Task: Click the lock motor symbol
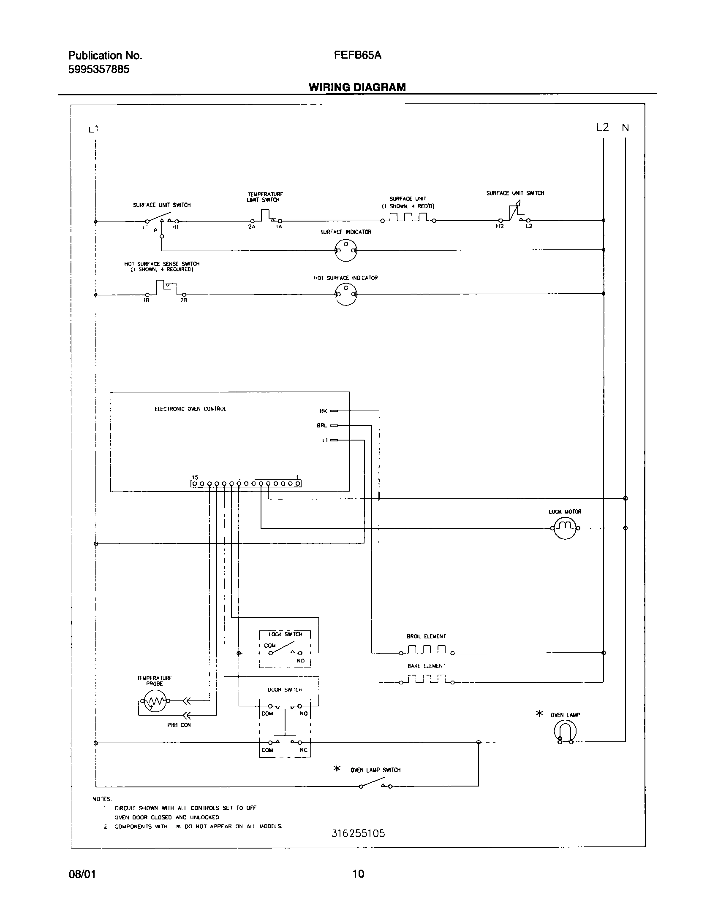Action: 565,528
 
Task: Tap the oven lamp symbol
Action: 565,730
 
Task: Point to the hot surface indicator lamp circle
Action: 346,294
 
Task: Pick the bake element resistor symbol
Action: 426,679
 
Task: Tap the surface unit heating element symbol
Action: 408,218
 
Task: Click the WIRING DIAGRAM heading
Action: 357,87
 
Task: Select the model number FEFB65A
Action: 357,55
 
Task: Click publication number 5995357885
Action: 99,69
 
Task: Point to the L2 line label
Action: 603,127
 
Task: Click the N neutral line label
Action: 625,127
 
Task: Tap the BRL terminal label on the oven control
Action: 322,426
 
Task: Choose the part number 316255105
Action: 358,833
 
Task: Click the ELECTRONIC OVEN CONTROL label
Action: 190,409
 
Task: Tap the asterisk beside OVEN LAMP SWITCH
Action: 337,769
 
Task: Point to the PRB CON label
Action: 179,725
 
